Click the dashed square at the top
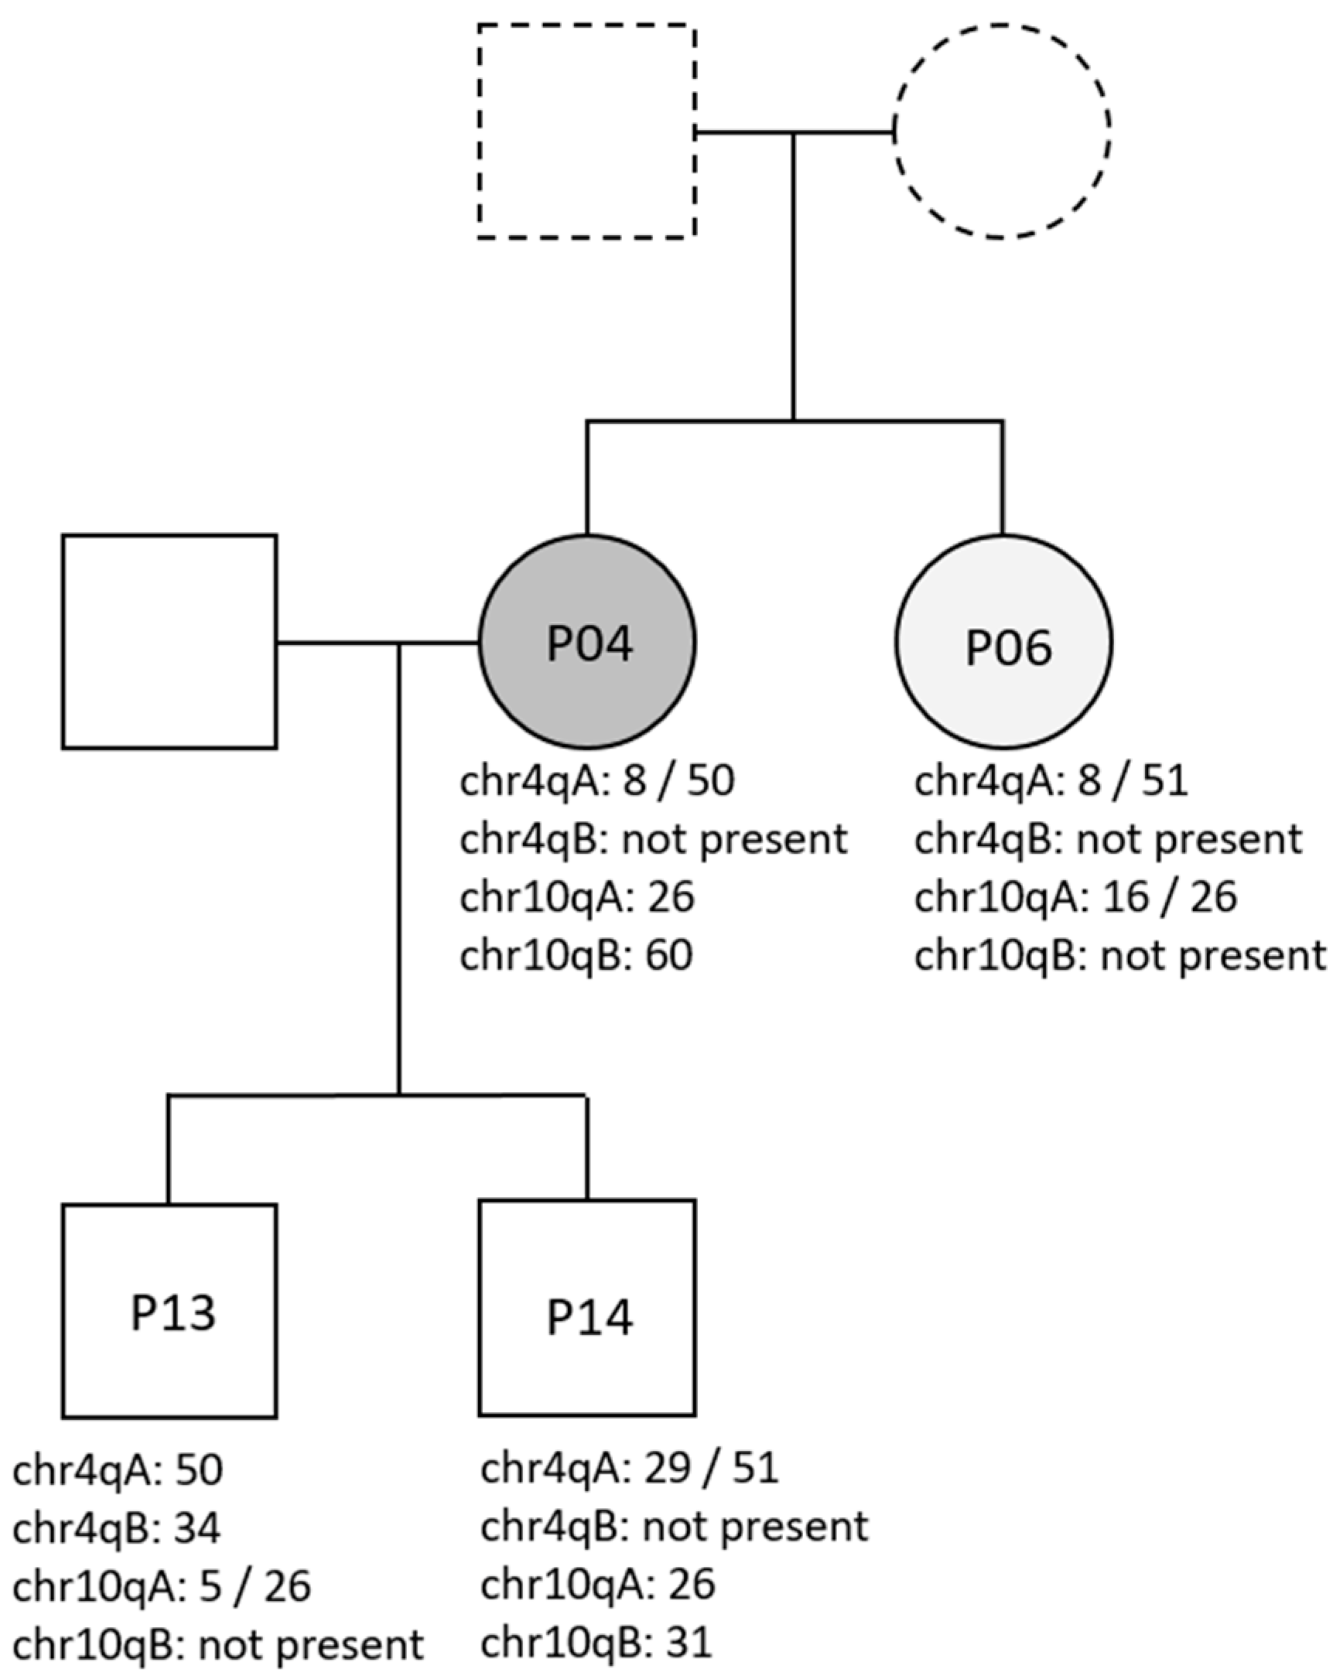(x=586, y=131)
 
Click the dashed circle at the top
(x=1002, y=131)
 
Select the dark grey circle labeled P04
(x=587, y=642)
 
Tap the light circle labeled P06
(x=1003, y=642)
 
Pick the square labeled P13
(x=170, y=1312)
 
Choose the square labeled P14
(x=587, y=1309)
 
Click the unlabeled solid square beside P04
(x=170, y=642)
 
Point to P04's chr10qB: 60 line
(x=576, y=957)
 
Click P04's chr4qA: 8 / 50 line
(x=597, y=780)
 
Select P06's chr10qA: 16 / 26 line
(x=1075, y=897)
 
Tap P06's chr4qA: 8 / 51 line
(x=1051, y=780)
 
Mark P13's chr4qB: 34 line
(x=117, y=1528)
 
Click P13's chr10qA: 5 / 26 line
(x=162, y=1587)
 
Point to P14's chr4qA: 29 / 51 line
(x=630, y=1469)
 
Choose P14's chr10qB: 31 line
(x=597, y=1643)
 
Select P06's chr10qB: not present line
(x=1120, y=957)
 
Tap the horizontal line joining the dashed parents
(x=793, y=133)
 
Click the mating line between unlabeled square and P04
(x=377, y=643)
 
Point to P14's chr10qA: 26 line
(x=598, y=1585)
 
